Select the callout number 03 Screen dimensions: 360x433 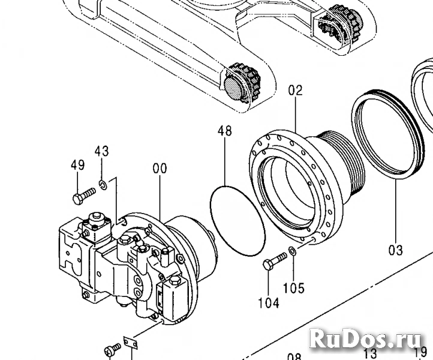tap(396, 249)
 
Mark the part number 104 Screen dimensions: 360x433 tap(269, 303)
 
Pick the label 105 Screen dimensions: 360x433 tap(294, 289)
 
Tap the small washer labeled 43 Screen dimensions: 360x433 tap(103, 183)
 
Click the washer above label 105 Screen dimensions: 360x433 tap(291, 250)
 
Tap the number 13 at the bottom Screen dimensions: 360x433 tap(371, 353)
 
